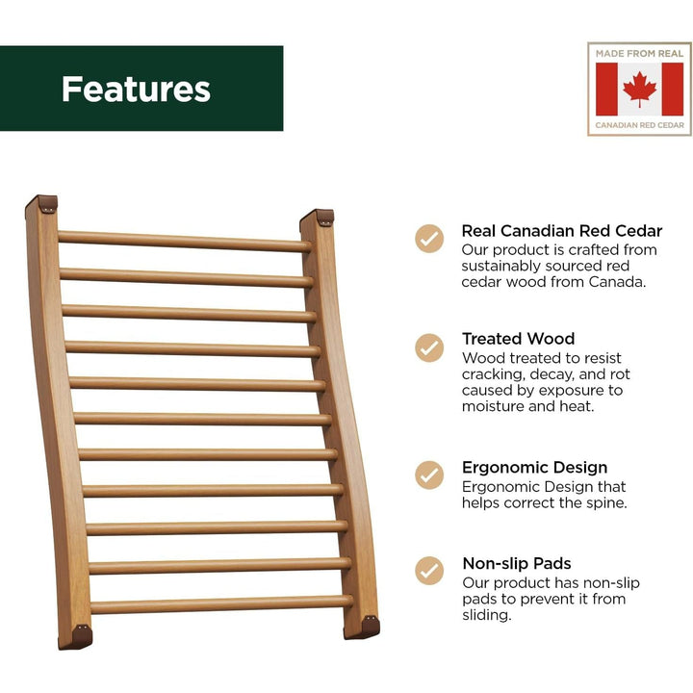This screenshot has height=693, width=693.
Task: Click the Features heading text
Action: [136, 89]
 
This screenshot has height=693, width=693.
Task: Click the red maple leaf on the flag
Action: [639, 90]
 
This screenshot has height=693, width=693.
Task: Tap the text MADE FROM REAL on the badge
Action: [639, 54]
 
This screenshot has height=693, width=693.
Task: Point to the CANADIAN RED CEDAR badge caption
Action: [639, 125]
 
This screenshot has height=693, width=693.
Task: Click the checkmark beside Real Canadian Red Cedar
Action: [429, 238]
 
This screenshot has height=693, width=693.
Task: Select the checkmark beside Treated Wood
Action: [429, 346]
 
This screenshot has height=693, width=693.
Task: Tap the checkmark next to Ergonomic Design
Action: [429, 475]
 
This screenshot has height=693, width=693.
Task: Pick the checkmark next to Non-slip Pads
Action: [429, 571]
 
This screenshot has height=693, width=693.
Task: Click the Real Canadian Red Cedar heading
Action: [562, 231]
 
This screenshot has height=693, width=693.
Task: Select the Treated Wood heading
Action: [518, 339]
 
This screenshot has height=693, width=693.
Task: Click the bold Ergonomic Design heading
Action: [534, 469]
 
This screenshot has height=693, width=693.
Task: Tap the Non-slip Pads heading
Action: [516, 564]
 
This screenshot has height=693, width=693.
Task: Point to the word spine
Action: [605, 503]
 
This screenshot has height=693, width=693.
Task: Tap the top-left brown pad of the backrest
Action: [42, 205]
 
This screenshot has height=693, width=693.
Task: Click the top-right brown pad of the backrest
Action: [320, 218]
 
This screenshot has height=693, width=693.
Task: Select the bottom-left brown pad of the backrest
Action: [76, 635]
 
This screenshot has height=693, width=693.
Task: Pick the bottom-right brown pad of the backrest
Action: [362, 628]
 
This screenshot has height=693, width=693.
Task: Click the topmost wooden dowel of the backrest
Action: [183, 241]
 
